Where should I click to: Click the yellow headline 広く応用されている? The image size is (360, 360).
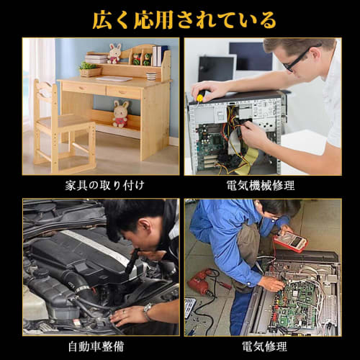click(184, 20)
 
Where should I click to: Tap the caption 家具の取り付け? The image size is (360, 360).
click(104, 186)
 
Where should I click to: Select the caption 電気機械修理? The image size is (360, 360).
click(261, 186)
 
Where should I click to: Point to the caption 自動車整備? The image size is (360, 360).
click(96, 346)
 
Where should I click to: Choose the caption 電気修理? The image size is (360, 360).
click(264, 346)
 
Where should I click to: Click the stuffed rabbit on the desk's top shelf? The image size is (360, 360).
click(114, 53)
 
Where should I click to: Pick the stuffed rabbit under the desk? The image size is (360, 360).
click(120, 114)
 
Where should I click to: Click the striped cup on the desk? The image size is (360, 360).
click(151, 76)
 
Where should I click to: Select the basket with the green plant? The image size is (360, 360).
click(90, 70)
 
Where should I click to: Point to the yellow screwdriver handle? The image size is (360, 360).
click(199, 98)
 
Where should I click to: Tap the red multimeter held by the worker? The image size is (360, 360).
click(291, 241)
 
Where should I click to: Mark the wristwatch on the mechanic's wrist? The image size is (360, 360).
click(147, 311)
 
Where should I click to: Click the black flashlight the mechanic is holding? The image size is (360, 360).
click(132, 261)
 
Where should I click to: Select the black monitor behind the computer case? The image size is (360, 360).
click(216, 69)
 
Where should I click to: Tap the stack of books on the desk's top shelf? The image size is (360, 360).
click(96, 59)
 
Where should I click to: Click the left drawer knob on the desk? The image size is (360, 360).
click(83, 89)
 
